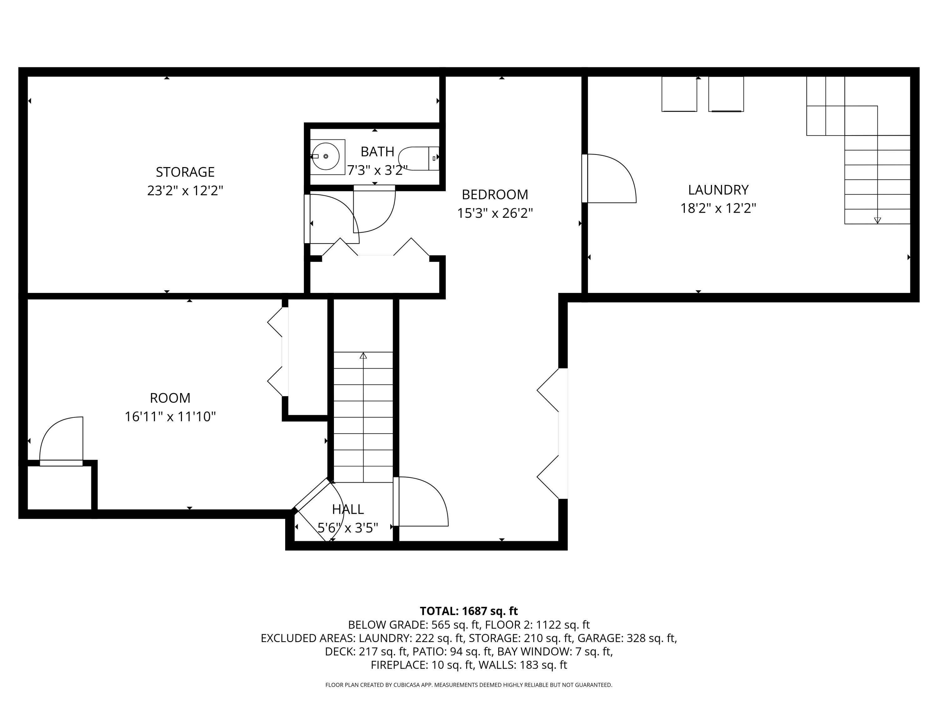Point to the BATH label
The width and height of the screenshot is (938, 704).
click(377, 151)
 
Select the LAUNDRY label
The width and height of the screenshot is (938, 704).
click(718, 190)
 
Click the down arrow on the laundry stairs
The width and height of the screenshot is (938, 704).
click(877, 220)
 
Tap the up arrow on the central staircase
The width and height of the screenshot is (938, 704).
click(363, 356)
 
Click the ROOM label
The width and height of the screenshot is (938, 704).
click(170, 398)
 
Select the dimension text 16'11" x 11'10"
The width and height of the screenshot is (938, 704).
click(170, 417)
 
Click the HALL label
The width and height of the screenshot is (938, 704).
click(348, 509)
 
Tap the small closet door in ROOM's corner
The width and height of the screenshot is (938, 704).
click(62, 441)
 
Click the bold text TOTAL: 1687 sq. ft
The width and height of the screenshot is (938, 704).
click(469, 611)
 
